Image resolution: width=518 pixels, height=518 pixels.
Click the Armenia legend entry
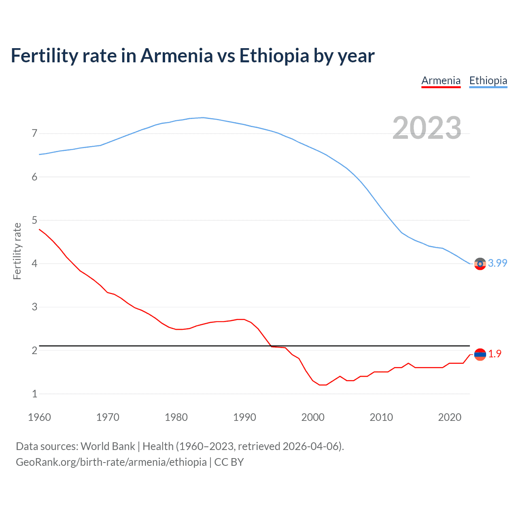coord(441,81)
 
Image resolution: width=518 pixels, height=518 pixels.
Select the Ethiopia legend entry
coord(488,81)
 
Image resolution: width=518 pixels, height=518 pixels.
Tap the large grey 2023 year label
coord(427,128)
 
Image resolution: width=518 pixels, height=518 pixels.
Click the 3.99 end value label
coord(497,263)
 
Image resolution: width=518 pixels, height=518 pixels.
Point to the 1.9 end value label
coord(495,354)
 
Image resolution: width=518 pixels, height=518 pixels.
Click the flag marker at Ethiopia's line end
coord(480,264)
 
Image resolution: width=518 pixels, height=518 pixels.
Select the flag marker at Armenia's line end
coord(480,355)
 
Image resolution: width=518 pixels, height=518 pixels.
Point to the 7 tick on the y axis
coord(34,133)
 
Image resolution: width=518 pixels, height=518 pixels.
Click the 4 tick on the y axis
coord(34,263)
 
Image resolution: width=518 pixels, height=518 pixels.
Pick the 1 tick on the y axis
coord(34,394)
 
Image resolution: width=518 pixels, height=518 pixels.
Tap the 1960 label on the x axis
coord(39,417)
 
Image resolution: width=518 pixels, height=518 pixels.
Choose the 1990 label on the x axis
coord(244,417)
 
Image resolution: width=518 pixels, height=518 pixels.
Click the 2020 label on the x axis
coord(450,417)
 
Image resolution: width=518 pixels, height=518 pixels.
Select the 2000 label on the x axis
coord(313,417)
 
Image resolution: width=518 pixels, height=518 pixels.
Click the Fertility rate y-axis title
coord(17,251)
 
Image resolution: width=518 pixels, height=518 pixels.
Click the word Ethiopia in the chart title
coord(274,55)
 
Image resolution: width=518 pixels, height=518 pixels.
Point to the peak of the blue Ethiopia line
coord(202,117)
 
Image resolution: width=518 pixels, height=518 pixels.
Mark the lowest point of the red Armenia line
coord(323,385)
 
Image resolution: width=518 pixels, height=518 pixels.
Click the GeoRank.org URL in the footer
coord(111,462)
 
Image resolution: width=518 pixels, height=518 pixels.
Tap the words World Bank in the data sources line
coord(108,446)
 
